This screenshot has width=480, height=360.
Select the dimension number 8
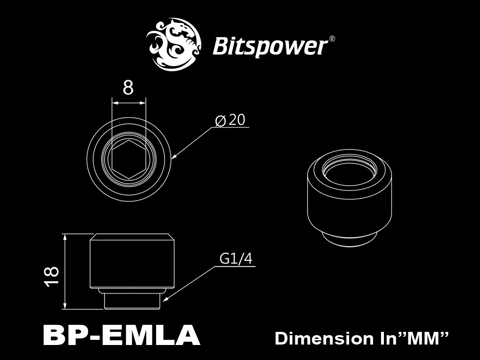click(128, 88)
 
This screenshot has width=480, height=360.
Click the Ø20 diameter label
click(230, 120)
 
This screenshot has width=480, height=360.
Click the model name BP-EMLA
click(121, 336)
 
